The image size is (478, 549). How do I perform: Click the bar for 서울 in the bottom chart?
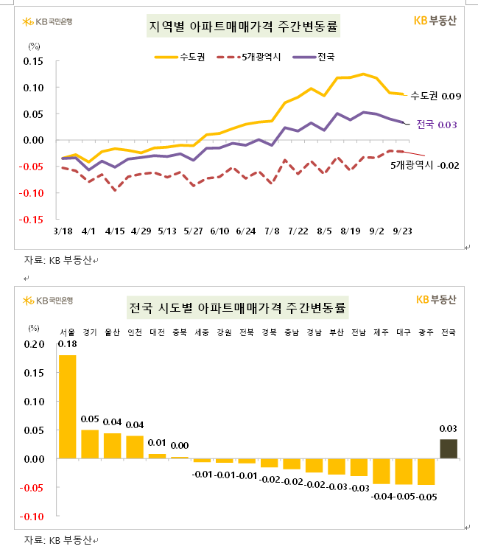coord(67,407)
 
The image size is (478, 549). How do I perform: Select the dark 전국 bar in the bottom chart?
coord(449,449)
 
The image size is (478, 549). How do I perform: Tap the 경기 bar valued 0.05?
coord(90,444)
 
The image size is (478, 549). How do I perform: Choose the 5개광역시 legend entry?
coord(248,56)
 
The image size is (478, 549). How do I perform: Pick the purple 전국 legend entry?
coord(314,56)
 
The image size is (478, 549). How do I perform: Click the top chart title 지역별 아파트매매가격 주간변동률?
coord(245,27)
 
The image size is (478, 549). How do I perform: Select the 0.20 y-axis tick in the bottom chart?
coord(34,344)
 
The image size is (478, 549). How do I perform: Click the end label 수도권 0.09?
coord(435,96)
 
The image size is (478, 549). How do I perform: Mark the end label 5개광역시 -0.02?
coord(425,165)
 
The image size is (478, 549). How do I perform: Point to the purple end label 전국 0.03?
coord(437,125)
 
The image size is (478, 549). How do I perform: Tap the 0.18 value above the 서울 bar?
coord(67,344)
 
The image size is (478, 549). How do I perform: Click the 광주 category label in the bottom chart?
coord(426,332)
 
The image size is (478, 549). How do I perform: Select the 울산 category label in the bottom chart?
coord(112,332)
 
